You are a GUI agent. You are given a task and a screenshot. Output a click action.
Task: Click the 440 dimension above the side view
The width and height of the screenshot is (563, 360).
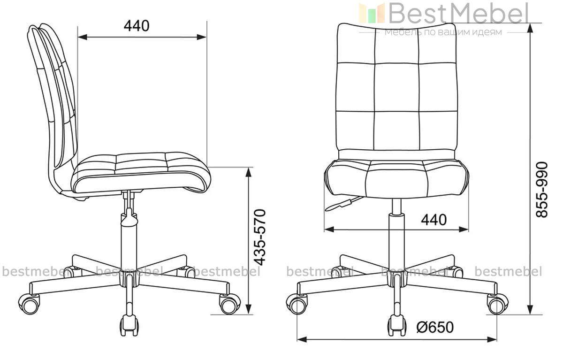tap(137, 26)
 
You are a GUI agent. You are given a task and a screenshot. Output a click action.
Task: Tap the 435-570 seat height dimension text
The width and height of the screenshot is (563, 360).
tap(259, 237)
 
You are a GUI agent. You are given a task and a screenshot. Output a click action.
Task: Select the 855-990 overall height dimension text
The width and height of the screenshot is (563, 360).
tap(542, 190)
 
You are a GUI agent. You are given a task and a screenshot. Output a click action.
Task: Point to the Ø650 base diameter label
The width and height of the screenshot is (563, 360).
tap(435, 327)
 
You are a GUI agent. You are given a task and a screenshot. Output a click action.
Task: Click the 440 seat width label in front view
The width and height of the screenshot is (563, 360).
tap(434, 220)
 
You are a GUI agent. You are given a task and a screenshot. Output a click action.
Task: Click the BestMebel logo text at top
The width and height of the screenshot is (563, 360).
tap(459, 13)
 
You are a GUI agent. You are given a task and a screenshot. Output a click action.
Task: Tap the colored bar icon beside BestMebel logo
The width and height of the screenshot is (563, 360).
tap(372, 13)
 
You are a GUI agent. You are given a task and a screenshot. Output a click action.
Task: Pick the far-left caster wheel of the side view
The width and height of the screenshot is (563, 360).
tap(30, 304)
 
